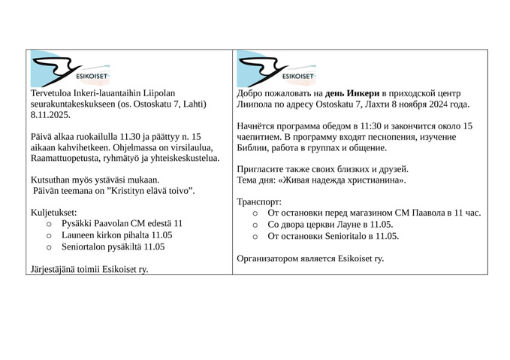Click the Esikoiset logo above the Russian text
pos(276,70)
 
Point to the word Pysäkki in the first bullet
pos(78,224)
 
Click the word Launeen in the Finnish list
pos(81,235)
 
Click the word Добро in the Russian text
pos(252,93)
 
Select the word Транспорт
pos(259,202)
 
